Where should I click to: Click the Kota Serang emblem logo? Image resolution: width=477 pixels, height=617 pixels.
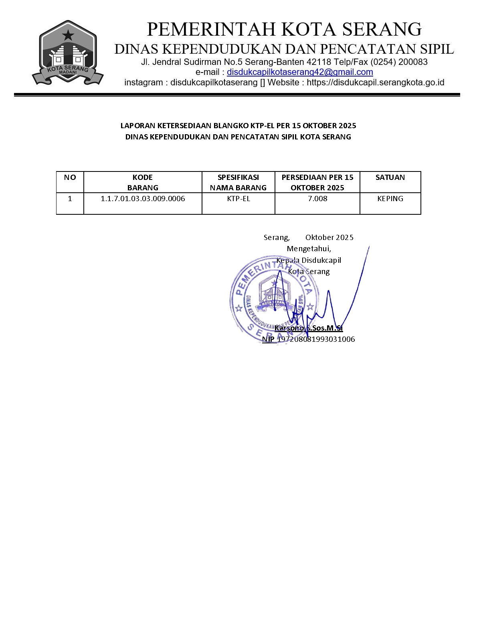(x=68, y=53)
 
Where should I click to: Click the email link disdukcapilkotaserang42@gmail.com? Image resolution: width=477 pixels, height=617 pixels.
(x=300, y=72)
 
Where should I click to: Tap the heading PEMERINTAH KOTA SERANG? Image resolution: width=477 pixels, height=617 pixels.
(x=284, y=29)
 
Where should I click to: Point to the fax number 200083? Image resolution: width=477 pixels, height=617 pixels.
(x=413, y=62)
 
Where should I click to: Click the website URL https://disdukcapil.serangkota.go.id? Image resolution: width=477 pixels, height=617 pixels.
(x=376, y=83)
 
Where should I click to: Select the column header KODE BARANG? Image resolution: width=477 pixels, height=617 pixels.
(x=143, y=182)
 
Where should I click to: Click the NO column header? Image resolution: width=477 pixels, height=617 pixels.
(x=70, y=177)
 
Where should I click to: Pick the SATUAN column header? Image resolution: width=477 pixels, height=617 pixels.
(x=390, y=177)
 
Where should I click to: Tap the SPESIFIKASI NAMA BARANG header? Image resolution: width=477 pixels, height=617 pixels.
(x=238, y=182)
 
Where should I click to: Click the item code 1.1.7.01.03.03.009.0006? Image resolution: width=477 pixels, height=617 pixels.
(x=143, y=199)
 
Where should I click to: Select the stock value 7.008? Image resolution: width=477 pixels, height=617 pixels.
(x=317, y=199)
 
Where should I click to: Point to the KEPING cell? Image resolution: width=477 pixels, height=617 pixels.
(x=390, y=199)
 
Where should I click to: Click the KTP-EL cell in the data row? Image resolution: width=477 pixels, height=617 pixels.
(x=238, y=199)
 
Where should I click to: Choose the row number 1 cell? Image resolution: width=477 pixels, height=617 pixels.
(x=70, y=199)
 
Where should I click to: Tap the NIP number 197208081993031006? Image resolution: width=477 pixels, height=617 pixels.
(x=316, y=339)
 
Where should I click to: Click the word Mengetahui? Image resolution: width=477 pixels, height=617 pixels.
(x=309, y=249)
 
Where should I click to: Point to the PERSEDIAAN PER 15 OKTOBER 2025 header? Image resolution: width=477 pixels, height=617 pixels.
(x=317, y=182)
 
